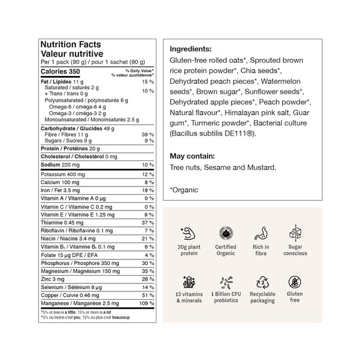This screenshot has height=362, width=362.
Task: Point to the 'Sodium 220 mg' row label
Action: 59,164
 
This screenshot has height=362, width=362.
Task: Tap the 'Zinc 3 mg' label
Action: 51,277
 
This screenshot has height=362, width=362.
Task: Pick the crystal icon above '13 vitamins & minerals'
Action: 188,282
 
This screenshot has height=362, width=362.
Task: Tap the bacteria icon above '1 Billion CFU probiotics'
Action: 225,282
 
